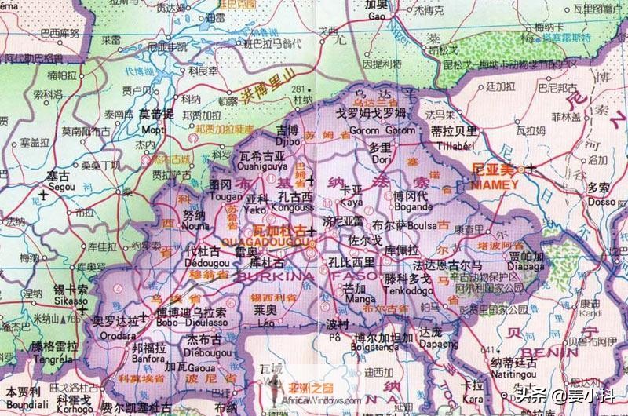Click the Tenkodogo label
[405, 290]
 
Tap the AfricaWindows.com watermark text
[322, 400]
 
